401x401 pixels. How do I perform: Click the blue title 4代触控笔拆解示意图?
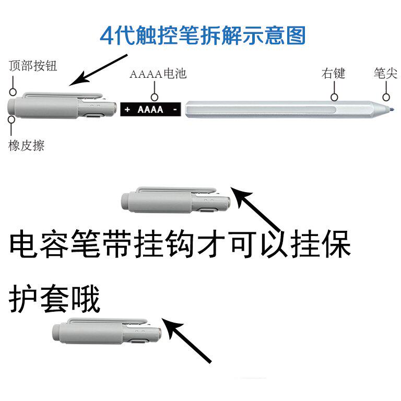[x=203, y=36]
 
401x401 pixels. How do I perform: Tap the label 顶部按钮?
[x=33, y=66]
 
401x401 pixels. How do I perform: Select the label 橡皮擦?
[x=26, y=146]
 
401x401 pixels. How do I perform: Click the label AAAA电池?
[x=158, y=74]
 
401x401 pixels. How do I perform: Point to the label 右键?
[x=333, y=74]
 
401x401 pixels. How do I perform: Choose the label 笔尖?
[x=385, y=74]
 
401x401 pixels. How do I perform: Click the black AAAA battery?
[x=150, y=110]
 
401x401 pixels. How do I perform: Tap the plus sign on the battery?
[x=127, y=110]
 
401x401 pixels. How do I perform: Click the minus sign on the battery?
[x=175, y=110]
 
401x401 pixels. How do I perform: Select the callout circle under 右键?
[x=334, y=97]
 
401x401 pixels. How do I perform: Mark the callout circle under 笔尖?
[x=386, y=97]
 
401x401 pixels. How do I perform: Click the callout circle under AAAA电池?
[x=155, y=97]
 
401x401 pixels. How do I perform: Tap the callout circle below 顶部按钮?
[x=13, y=92]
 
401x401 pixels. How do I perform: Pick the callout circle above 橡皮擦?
[x=11, y=119]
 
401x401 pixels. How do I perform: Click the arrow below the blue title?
[x=98, y=70]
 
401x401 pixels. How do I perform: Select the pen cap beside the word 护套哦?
[x=107, y=332]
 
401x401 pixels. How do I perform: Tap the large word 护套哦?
[x=54, y=299]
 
